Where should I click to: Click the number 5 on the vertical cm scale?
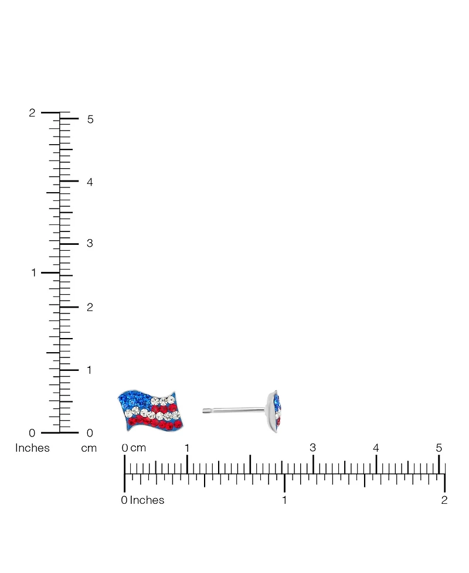pos(90,119)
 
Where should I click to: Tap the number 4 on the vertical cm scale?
pos(90,182)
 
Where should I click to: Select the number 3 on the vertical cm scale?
pos(90,243)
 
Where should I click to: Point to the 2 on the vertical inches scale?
pos(32,113)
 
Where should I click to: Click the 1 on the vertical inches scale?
pos(33,272)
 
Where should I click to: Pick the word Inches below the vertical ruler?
pos(32,448)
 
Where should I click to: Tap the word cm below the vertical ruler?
pos(89,449)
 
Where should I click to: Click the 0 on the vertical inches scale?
pos(32,433)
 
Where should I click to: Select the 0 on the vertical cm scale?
pos(90,433)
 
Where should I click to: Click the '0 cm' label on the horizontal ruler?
pos(134,448)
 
